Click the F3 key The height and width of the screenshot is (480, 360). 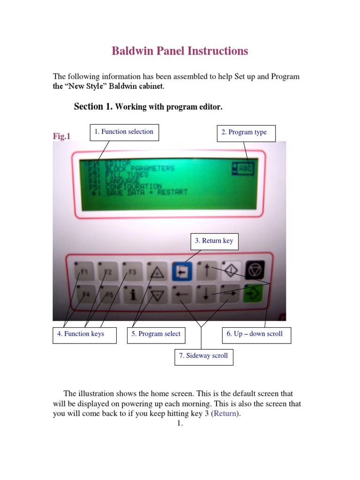[133, 271]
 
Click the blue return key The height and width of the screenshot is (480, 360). [181, 271]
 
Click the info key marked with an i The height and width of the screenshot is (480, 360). [133, 295]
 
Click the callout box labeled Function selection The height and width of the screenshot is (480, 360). [124, 132]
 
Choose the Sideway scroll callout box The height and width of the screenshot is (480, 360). [203, 356]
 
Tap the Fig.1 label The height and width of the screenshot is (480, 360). [61, 136]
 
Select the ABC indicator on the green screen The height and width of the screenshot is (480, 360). [243, 168]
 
